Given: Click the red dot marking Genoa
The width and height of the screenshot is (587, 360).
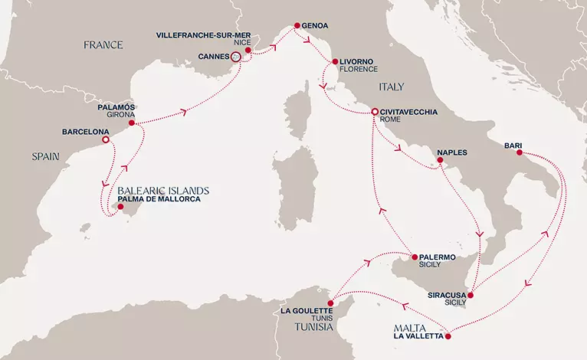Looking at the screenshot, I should coord(295,28).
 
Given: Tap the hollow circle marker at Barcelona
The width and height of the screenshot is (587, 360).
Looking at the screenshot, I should coord(106,140).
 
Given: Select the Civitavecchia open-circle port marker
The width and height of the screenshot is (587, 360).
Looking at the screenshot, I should coord(375,113).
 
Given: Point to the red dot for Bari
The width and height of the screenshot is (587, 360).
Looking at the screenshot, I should coord(519,152).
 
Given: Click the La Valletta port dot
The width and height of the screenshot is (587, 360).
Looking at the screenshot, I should coord(448,335).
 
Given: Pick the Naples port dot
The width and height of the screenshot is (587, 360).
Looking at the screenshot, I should coord(441,160).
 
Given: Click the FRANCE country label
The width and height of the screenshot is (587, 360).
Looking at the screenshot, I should coord(104,45).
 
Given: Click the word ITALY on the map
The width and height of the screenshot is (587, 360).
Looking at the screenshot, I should coord(390,87).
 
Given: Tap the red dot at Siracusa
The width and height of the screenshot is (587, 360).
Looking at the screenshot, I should coord(471,295).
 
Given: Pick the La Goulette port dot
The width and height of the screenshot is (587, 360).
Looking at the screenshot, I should coord(330,303).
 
